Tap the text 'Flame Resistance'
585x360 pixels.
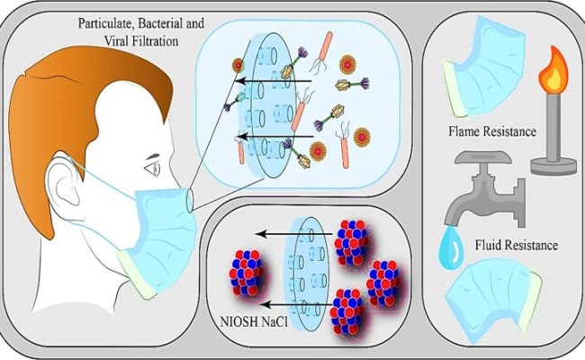pos(491,132)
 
